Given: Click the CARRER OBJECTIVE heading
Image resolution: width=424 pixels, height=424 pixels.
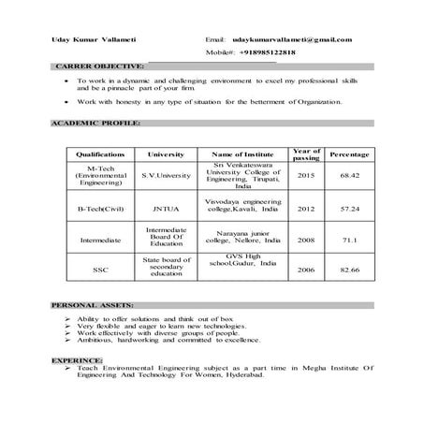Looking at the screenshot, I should click(x=100, y=67).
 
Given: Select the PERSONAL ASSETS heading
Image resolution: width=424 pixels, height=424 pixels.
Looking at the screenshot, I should click(x=92, y=305).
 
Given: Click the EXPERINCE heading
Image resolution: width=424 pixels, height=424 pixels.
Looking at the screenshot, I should click(x=79, y=358).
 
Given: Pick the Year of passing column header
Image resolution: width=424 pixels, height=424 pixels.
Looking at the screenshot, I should click(x=306, y=154).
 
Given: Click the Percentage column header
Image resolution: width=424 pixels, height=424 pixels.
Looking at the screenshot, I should click(x=349, y=154).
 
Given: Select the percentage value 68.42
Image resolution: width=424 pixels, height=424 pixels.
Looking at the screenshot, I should click(x=349, y=175).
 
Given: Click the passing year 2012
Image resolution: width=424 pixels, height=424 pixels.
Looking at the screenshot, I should click(x=306, y=208).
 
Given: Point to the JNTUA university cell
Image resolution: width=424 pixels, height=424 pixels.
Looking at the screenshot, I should click(x=166, y=208).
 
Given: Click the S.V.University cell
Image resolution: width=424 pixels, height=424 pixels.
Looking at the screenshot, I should click(x=166, y=175).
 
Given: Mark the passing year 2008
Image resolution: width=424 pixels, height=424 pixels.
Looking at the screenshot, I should click(x=306, y=240).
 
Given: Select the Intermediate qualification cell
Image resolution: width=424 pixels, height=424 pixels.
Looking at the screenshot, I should click(x=100, y=240).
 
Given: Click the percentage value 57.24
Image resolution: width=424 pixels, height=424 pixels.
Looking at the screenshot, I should click(x=349, y=208).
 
